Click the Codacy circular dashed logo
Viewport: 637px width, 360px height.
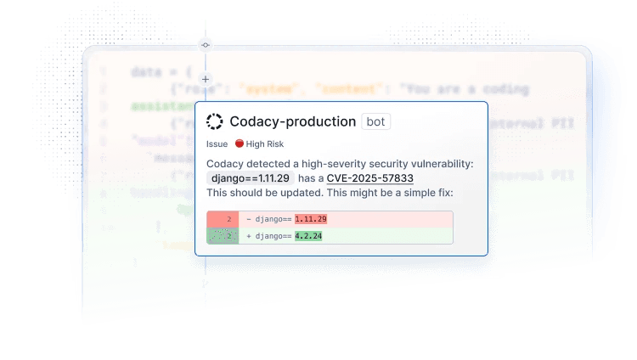tap(215, 121)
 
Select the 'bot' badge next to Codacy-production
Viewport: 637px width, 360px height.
tap(375, 121)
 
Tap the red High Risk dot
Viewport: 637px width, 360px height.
tap(240, 143)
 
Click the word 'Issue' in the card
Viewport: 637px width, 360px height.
tap(217, 144)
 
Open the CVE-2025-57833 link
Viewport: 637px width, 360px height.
tap(370, 178)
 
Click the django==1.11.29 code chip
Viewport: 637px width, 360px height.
tap(251, 178)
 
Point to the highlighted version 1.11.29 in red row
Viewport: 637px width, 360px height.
tap(311, 219)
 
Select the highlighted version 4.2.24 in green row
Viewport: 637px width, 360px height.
tap(308, 236)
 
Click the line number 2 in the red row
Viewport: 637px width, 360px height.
tap(228, 219)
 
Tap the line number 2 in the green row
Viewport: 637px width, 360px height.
tap(228, 236)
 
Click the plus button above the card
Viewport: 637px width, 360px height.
tap(205, 79)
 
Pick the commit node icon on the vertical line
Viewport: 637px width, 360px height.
tap(205, 43)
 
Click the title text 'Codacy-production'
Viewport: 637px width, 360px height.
tap(292, 121)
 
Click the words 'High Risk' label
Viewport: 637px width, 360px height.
tap(265, 144)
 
